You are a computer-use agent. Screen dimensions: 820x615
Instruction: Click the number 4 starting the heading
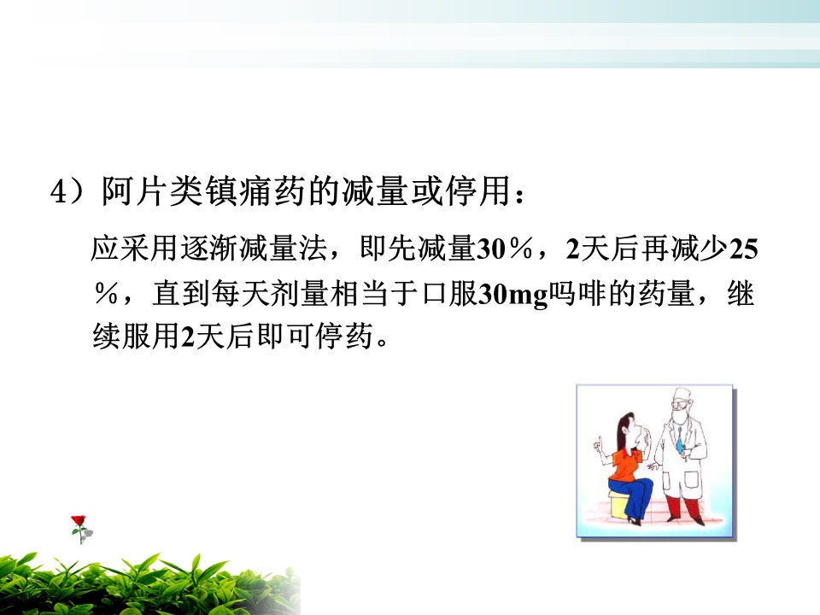click(x=59, y=192)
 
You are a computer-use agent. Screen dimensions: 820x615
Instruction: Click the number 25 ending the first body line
click(x=743, y=249)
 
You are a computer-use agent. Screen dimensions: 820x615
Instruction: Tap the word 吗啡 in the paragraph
click(x=578, y=294)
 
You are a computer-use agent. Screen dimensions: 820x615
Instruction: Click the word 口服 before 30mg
click(x=449, y=294)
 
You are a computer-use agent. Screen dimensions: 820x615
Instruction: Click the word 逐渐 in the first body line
click(x=209, y=248)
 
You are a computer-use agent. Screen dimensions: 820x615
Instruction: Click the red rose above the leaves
click(x=79, y=521)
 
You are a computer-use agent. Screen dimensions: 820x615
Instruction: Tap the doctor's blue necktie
click(x=679, y=442)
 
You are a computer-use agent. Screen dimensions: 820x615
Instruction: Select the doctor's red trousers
click(x=682, y=507)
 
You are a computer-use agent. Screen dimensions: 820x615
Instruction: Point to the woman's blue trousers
click(x=634, y=497)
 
